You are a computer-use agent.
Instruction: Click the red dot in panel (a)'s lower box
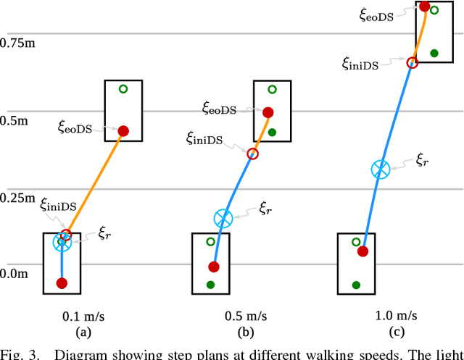(62, 282)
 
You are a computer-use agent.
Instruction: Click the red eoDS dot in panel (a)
(123, 131)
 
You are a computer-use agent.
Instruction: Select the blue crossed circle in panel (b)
(223, 217)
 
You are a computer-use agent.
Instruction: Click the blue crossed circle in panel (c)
(380, 169)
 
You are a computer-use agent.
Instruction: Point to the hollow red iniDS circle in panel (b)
(252, 154)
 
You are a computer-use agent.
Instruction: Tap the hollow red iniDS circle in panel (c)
(412, 63)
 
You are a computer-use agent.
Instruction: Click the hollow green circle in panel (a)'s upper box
(123, 89)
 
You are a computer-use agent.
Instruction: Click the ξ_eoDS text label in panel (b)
(220, 109)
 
